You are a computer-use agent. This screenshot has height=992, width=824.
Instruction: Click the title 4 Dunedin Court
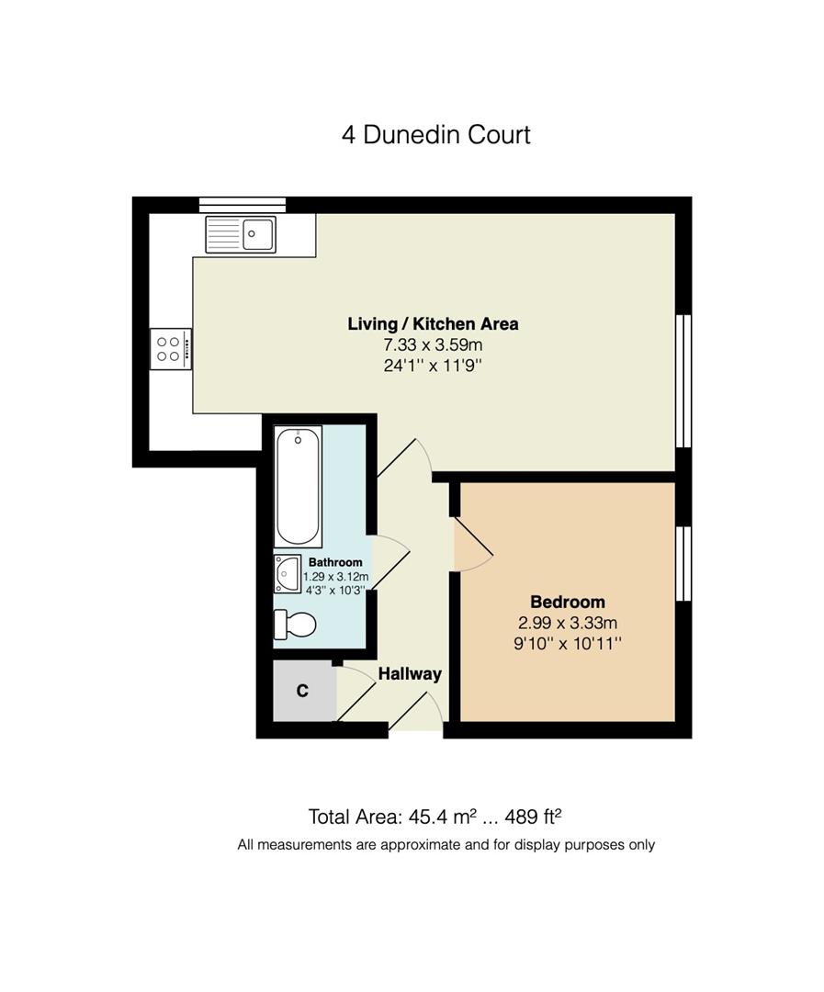[x=436, y=135]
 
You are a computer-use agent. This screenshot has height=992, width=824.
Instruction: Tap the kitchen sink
[x=241, y=233]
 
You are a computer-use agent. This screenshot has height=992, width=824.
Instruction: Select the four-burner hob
[x=170, y=349]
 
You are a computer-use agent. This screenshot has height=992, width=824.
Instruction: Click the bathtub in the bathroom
[x=299, y=486]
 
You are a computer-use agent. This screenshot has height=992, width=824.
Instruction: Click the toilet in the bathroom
[x=295, y=625]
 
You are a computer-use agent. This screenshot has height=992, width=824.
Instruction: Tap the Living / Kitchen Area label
[x=433, y=323]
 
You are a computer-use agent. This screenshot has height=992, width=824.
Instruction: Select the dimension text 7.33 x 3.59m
[x=433, y=345]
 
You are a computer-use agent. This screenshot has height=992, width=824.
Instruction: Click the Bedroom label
[x=568, y=602]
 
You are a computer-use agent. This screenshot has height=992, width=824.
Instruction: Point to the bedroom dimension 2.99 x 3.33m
[x=568, y=623]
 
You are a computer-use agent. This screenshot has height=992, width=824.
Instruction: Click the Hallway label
[x=410, y=673]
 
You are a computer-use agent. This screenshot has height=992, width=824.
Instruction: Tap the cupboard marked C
[x=303, y=691]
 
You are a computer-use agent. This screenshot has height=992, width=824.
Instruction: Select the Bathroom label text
[x=335, y=562]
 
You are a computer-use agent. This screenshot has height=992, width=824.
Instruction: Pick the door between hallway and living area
[x=404, y=457]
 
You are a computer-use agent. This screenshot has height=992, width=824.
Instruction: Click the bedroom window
[x=683, y=563]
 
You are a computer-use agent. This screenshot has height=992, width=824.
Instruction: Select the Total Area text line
[x=435, y=817]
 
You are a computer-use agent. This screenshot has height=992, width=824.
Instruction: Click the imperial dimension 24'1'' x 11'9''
[x=433, y=366]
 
